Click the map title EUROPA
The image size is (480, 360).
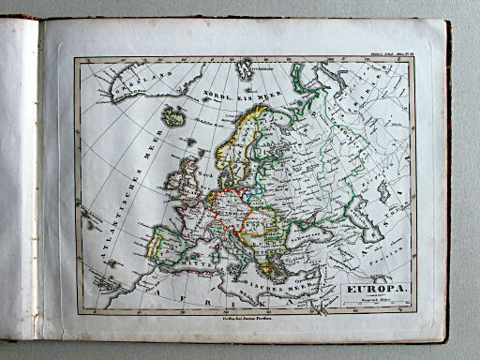378,289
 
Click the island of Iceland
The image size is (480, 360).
172,118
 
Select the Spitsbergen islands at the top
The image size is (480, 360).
248,68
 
